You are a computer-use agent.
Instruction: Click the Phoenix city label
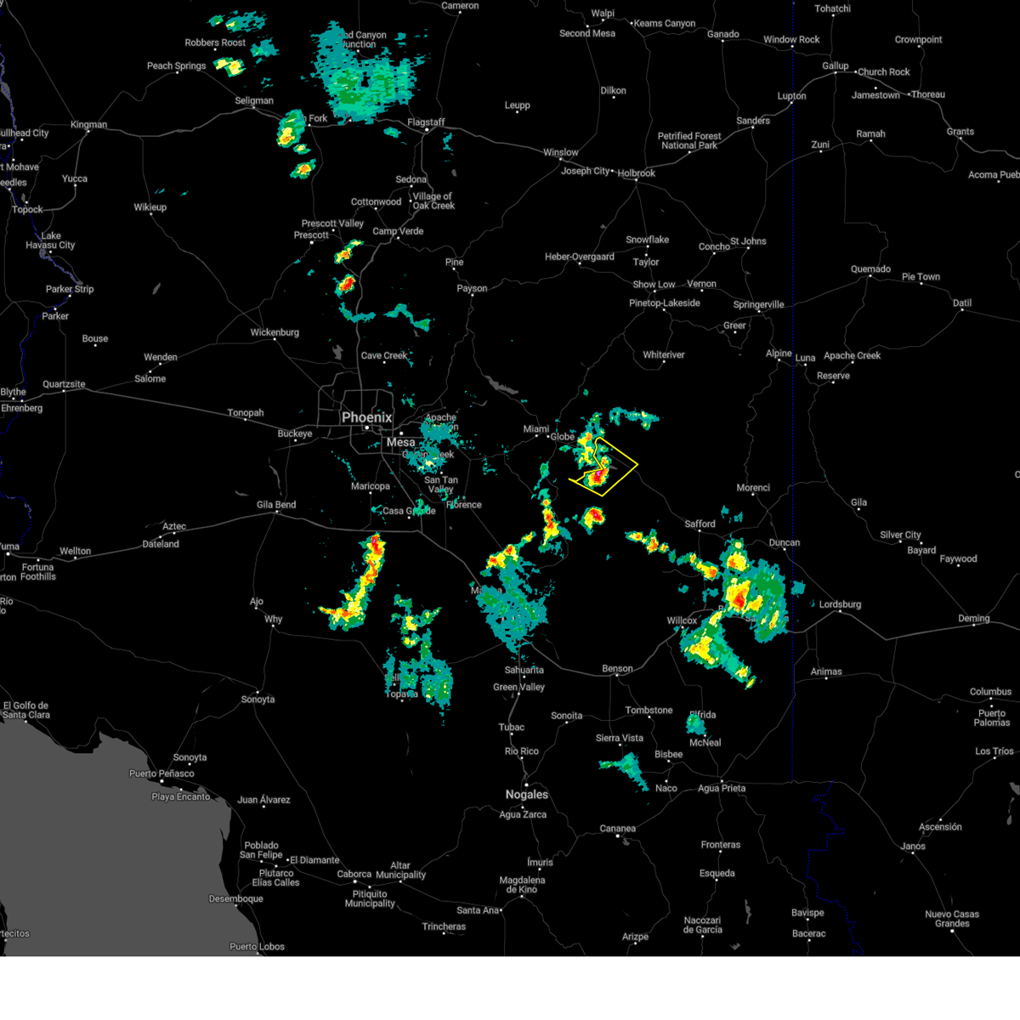[367, 417]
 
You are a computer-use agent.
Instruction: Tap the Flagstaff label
[426, 122]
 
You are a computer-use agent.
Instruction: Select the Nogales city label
[527, 795]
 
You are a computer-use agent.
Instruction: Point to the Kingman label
[89, 125]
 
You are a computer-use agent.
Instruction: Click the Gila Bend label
[276, 505]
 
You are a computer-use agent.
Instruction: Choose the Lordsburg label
[840, 604]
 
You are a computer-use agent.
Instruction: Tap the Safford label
[700, 524]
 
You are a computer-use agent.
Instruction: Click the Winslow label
[561, 153]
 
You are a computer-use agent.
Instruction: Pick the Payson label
[473, 289]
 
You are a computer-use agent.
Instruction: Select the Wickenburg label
[275, 332]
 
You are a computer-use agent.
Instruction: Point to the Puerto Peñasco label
[161, 773]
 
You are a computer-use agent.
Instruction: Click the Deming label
[974, 619]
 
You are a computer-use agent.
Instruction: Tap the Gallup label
[835, 65]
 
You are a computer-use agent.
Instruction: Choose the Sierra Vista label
[620, 738]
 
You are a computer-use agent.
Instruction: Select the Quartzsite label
[65, 384]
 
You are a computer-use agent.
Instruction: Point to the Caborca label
[354, 874]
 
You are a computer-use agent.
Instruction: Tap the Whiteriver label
[664, 355]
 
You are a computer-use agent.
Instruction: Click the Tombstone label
[649, 711]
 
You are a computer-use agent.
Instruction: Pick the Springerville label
[759, 304]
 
